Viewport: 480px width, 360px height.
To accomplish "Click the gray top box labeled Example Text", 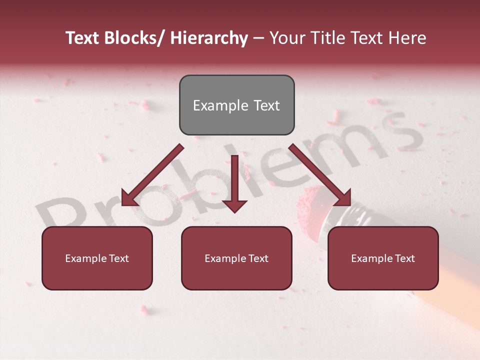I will pos(236,105).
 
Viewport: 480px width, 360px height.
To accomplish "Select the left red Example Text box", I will pos(97,258).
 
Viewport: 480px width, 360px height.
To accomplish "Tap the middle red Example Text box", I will pos(236,258).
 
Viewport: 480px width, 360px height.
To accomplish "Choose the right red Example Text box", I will pos(383,258).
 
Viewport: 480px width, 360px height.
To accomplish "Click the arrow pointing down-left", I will pos(150,175).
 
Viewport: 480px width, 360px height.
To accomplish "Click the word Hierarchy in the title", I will pos(209,38).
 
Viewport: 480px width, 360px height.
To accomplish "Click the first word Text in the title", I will pos(82,38).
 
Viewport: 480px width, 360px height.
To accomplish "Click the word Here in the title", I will pos(407,38).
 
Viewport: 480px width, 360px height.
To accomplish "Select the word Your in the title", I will pos(287,38).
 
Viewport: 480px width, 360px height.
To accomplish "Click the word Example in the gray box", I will pos(213,105).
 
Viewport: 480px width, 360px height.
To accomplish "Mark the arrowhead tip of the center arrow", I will pos(234,212).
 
